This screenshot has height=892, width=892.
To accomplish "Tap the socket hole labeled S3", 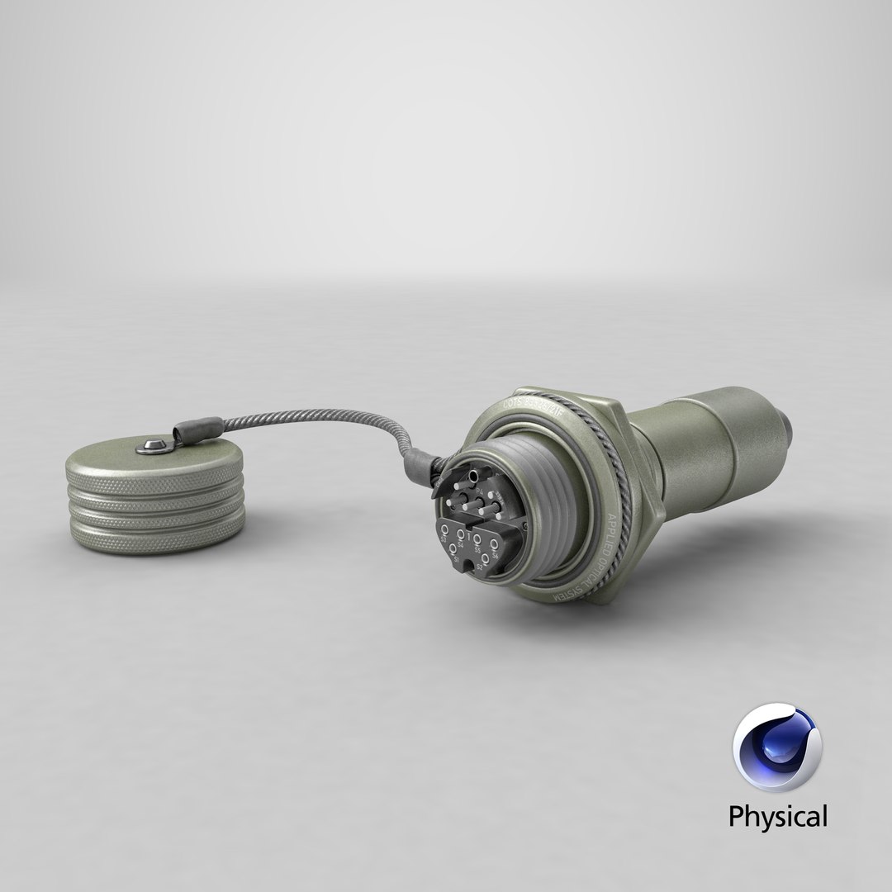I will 444,530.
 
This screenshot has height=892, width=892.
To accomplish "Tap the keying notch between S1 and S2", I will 468,565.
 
